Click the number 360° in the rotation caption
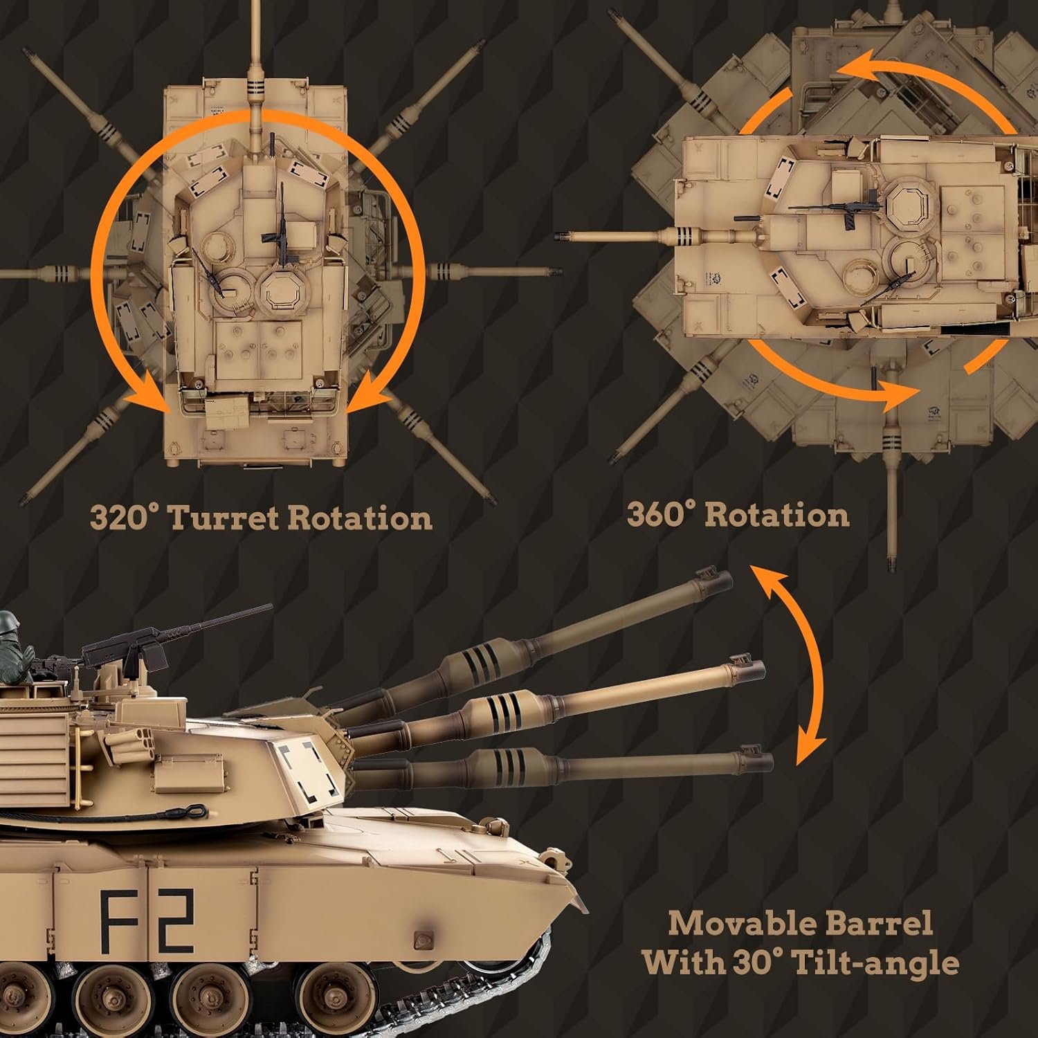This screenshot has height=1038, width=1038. [662, 515]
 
